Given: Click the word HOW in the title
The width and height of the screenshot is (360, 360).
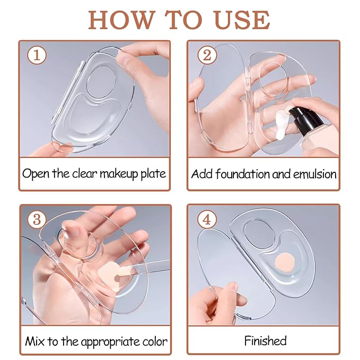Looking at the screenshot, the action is (x=121, y=20).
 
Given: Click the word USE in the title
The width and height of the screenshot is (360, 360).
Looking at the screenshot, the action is (x=243, y=20).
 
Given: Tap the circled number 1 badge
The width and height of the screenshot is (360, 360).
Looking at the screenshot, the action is (x=37, y=55).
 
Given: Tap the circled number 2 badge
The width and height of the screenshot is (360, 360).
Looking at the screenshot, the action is (x=207, y=55).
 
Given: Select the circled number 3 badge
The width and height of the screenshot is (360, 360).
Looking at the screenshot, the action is (x=37, y=219).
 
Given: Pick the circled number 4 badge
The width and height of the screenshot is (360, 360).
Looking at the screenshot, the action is (x=207, y=219).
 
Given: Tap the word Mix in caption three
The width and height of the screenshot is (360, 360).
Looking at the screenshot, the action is (x=34, y=341).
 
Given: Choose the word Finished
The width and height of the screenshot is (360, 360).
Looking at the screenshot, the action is (x=266, y=341).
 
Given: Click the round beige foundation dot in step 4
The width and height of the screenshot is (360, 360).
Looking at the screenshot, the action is (x=285, y=262).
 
